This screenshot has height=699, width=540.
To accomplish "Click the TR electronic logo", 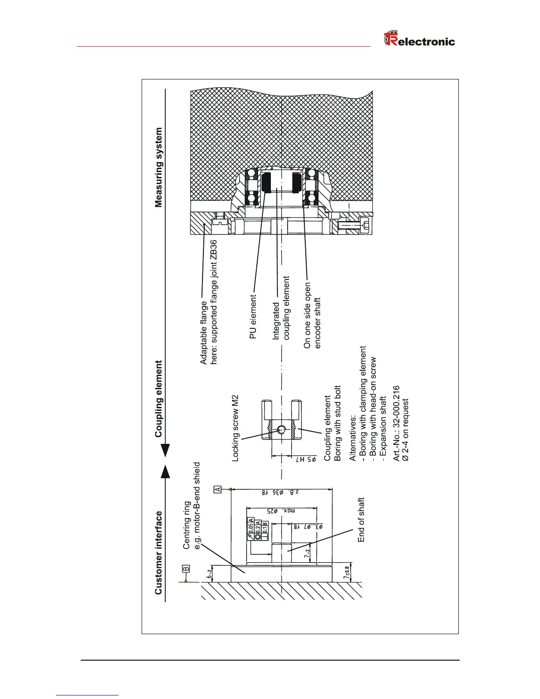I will tap(419, 40).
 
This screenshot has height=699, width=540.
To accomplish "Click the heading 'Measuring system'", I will tap(158, 167).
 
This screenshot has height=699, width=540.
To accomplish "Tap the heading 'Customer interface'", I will tap(158, 552).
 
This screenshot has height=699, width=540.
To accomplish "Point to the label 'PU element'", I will tap(253, 317).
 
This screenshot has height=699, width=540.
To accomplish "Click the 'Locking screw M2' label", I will tap(235, 428).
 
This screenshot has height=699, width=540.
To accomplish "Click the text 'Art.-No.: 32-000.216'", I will tap(396, 424).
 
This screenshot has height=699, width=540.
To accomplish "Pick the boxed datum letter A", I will tap(217, 489).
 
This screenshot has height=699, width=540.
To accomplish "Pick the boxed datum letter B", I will tap(186, 568).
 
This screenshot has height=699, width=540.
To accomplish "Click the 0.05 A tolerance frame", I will tap(251, 526).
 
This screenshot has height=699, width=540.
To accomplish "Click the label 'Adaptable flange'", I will tap(203, 333).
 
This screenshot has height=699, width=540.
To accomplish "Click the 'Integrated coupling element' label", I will tap(281, 308).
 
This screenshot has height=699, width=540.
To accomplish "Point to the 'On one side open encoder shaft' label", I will tap(312, 316).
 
